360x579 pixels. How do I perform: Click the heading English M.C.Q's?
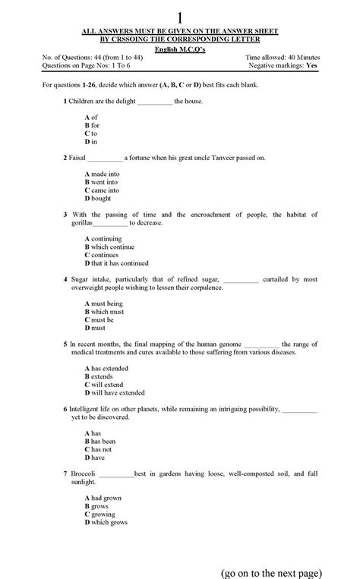[x=180, y=48]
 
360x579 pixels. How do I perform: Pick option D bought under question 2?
[x=99, y=198]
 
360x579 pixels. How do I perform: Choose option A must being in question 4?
[x=104, y=304]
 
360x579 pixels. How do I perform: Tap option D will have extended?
[x=115, y=393]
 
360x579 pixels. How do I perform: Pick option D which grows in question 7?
[x=106, y=522]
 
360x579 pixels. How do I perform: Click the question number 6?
[x=65, y=409]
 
